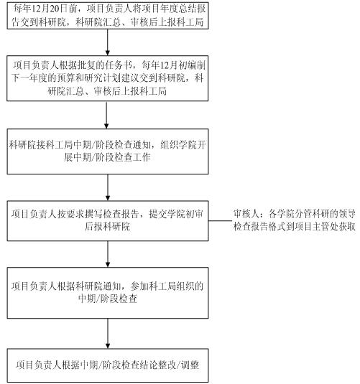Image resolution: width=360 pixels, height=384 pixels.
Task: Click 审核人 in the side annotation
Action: [246, 214]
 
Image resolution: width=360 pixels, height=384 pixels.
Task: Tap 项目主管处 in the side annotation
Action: [317, 227]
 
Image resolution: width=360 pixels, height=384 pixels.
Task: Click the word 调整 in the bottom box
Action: [190, 365]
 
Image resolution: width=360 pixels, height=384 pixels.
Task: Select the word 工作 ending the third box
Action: [142, 157]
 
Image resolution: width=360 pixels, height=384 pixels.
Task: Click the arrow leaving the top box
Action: [107, 42]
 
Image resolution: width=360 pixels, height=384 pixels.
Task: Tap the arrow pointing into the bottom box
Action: [107, 334]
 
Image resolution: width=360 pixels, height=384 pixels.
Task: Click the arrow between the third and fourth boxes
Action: [107, 187]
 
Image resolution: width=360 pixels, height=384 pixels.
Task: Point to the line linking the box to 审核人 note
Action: [220, 220]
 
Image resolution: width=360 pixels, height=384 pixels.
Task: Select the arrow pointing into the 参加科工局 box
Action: [107, 254]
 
